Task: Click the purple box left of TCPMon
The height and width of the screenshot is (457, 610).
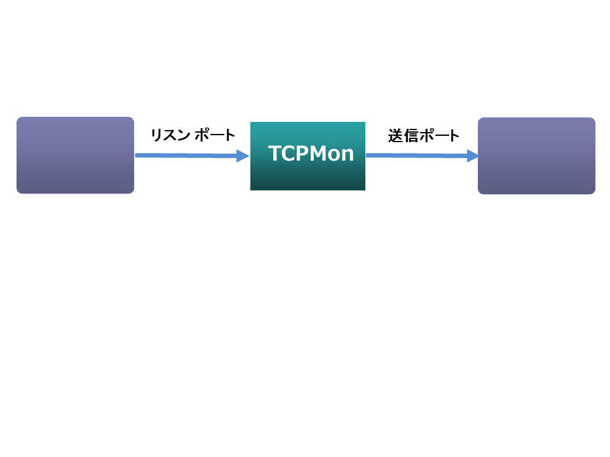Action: pyautogui.click(x=75, y=155)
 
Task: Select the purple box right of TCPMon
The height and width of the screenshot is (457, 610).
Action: pyautogui.click(x=536, y=156)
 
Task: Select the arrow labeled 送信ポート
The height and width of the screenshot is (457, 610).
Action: pyautogui.click(x=419, y=155)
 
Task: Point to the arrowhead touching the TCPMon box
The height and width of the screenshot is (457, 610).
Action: pyautogui.click(x=243, y=156)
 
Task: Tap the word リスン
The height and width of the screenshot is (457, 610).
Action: pyautogui.click(x=169, y=135)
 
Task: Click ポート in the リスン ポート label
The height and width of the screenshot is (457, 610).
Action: pyautogui.click(x=215, y=135)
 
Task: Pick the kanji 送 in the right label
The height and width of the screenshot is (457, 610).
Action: pyautogui.click(x=395, y=136)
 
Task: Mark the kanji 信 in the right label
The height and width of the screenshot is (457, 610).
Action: pyautogui.click(x=409, y=136)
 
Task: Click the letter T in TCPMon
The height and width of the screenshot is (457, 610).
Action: pyautogui.click(x=274, y=154)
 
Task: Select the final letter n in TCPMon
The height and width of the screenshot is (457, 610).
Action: pyautogui.click(x=347, y=156)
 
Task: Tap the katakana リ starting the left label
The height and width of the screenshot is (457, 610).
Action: pyautogui.click(x=156, y=135)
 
